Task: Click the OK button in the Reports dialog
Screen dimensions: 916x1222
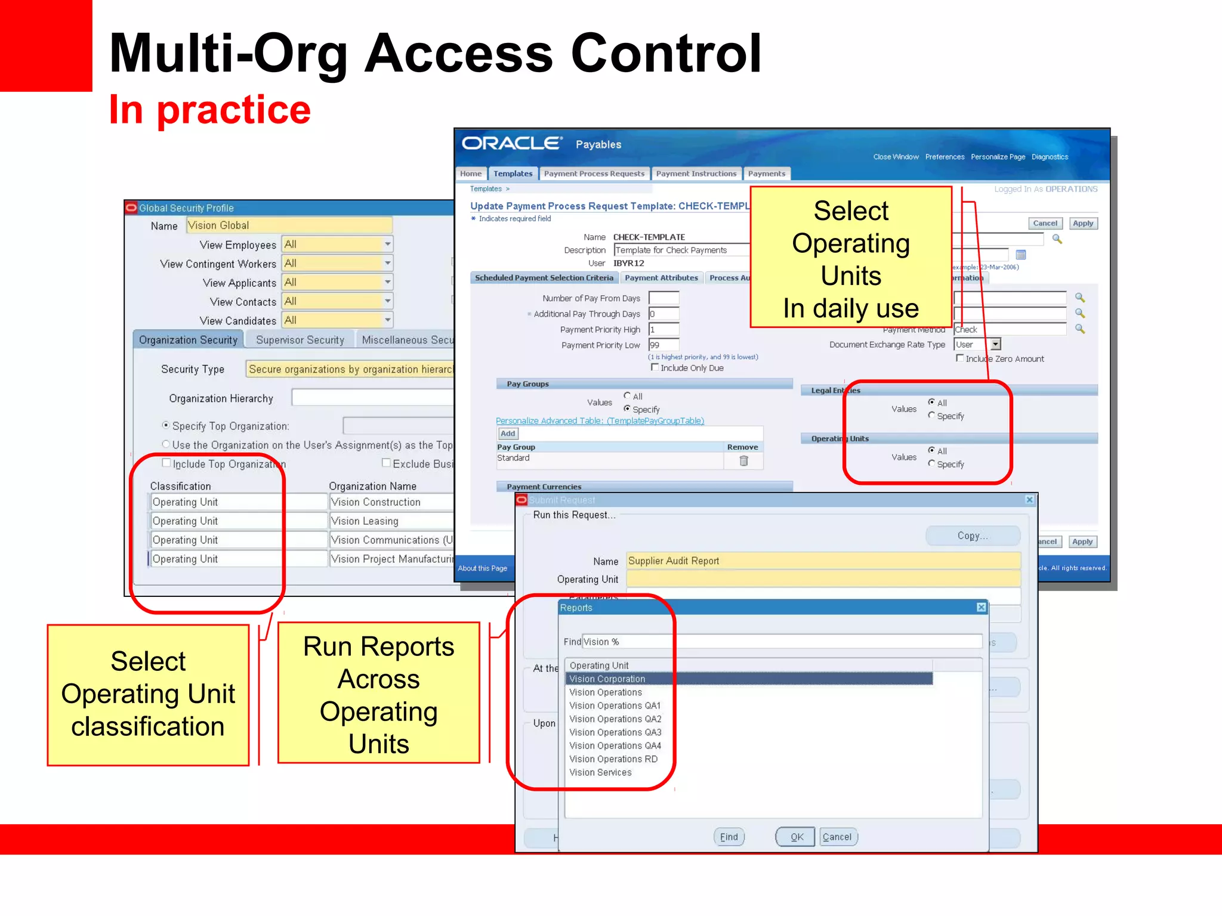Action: point(796,837)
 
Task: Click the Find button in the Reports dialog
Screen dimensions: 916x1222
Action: point(729,837)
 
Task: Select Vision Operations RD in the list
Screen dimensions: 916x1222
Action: point(613,759)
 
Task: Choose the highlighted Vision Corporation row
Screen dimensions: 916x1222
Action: point(607,679)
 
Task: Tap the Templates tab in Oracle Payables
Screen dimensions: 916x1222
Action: point(513,174)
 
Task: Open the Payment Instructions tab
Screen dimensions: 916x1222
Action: point(696,174)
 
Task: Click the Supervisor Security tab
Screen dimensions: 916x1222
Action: point(300,340)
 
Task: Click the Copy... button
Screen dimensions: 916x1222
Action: point(972,536)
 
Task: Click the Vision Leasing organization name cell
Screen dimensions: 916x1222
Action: point(391,521)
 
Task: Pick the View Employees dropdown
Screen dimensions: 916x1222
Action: point(337,244)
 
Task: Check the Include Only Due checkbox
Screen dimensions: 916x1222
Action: point(655,367)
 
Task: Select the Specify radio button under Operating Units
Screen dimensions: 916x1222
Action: point(931,463)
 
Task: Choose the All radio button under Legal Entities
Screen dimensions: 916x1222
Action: point(931,402)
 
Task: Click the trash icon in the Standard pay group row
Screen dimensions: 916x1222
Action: point(743,460)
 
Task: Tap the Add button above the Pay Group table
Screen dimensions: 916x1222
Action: point(508,434)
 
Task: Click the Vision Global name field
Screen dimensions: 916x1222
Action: point(289,225)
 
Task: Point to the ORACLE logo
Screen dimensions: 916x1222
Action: point(511,144)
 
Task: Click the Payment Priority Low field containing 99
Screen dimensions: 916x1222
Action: point(664,345)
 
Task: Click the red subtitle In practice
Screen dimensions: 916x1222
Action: point(209,110)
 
